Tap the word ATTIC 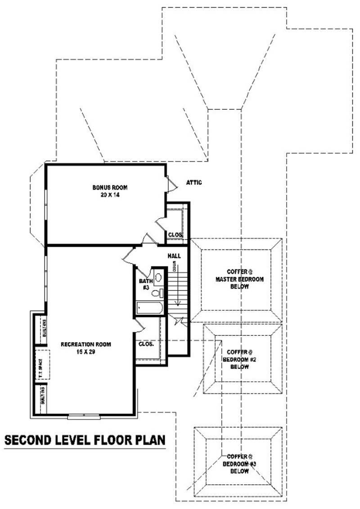coord(194,183)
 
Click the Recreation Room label coord(86,344)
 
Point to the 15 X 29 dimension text coord(86,353)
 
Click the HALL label coord(174,256)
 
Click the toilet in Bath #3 coord(156,293)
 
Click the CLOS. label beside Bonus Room coord(175,235)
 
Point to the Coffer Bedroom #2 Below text coord(238,359)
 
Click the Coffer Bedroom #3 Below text coord(238,464)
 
